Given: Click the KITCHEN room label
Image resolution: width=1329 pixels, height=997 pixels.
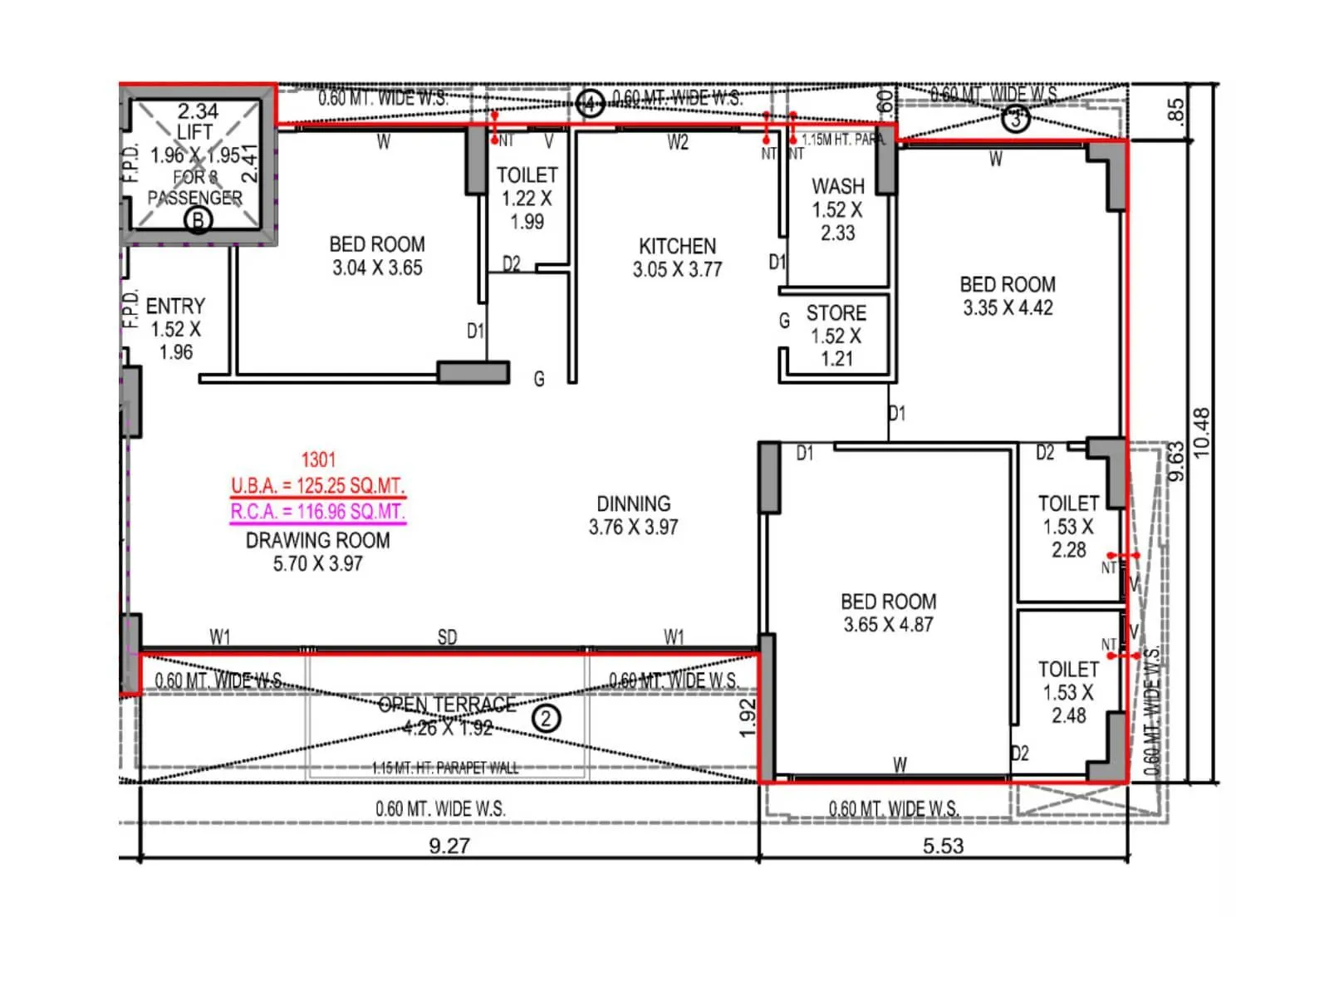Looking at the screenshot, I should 677,246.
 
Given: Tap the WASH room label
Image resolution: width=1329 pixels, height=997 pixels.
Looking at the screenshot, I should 837,186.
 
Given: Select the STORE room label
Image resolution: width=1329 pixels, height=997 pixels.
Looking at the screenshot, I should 836,313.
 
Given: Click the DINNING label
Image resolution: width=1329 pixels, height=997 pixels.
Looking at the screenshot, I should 633,504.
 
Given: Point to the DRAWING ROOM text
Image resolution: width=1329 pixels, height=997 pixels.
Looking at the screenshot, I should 317,540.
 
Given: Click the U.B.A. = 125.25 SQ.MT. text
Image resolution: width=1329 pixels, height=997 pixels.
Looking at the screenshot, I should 317,486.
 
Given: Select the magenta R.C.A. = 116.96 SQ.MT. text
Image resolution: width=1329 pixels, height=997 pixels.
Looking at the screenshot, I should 317,512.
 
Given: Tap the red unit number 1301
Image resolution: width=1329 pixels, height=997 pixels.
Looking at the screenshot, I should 318,460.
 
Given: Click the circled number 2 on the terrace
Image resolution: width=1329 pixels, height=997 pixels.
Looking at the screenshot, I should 546,718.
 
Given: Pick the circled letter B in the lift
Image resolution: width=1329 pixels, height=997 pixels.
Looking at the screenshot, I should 198,220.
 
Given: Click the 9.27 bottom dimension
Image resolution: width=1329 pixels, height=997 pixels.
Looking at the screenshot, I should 449,846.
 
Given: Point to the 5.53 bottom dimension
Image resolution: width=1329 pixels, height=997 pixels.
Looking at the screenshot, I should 943,846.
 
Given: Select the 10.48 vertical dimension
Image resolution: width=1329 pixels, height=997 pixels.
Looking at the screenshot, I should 1201,432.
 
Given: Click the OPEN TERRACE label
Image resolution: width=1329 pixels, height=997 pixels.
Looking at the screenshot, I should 447,705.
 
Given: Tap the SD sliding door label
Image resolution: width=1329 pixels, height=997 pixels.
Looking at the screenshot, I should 447,637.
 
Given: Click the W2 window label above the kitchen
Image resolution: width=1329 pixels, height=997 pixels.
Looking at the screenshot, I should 678,143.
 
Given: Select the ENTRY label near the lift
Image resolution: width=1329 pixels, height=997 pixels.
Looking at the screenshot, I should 174,306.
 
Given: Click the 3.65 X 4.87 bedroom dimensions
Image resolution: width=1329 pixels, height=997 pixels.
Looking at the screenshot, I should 888,625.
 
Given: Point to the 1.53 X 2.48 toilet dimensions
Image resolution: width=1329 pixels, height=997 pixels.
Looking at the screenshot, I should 1068,704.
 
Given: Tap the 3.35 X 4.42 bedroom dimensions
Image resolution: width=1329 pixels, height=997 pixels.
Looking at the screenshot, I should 1008,308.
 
